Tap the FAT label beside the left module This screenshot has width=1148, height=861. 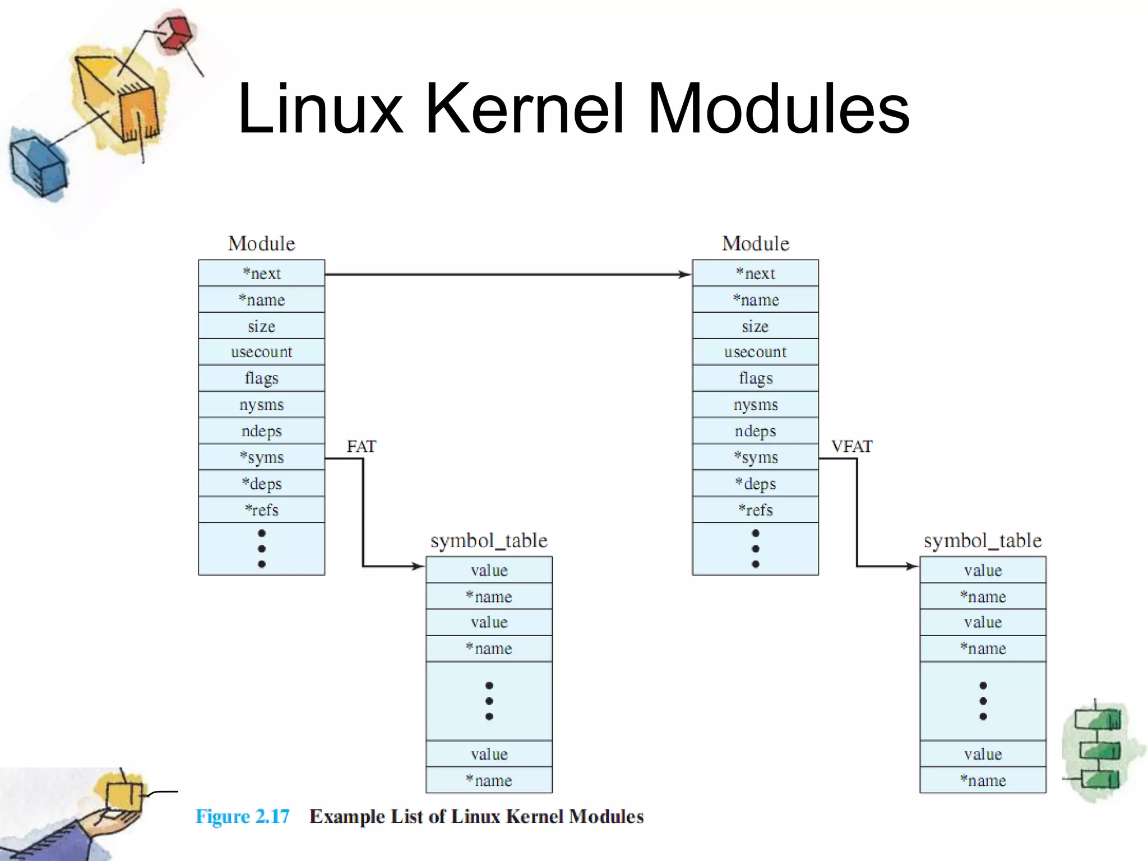tap(361, 447)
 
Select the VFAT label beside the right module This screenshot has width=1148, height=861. tap(851, 447)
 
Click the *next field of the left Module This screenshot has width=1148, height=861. tap(261, 274)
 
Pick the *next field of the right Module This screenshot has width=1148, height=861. tap(755, 274)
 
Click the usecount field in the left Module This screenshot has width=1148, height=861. tap(261, 352)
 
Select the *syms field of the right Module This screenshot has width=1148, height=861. tap(755, 457)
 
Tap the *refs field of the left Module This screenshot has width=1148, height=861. tap(261, 510)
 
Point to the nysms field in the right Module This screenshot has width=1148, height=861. tap(755, 405)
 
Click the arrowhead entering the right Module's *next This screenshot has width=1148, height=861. tap(685, 274)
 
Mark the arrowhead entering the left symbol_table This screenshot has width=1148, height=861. tap(418, 566)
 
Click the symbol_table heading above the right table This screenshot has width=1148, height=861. tap(982, 540)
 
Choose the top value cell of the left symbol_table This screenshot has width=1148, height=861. tap(489, 571)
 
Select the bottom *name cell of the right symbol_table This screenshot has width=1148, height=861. tap(982, 780)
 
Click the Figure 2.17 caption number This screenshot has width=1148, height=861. tap(242, 816)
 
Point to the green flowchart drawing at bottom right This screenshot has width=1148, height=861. tap(1099, 750)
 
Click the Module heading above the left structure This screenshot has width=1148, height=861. tap(261, 243)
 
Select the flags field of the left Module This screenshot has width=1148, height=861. tap(261, 378)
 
